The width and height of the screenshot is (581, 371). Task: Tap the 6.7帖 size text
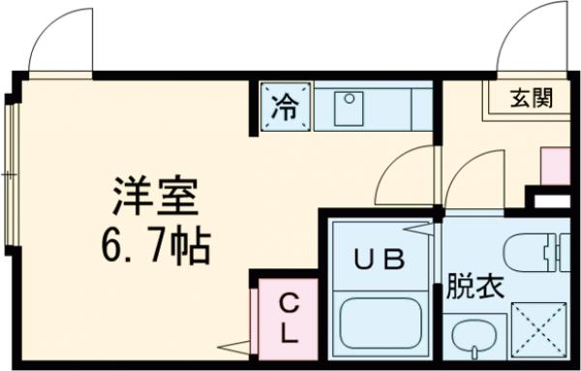152,249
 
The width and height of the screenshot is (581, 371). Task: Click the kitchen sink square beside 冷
349,108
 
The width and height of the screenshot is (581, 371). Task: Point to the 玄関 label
532,98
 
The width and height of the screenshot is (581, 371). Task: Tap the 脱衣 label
474,287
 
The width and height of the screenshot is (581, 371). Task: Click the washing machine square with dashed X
537,328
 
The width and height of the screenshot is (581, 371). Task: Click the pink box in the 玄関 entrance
555,165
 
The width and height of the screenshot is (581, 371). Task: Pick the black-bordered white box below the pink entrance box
555,201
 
